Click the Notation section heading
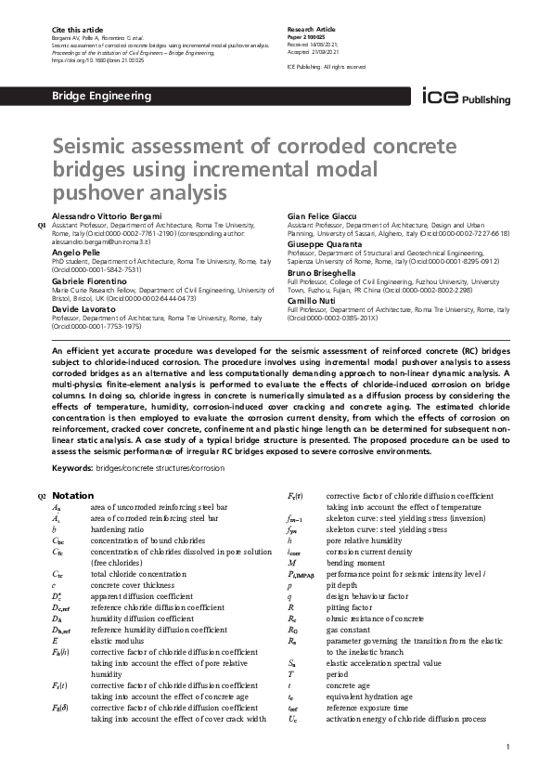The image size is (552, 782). (72, 495)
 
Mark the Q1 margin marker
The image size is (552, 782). (41, 226)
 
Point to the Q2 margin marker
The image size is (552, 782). (41, 496)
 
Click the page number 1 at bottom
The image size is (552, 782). (507, 746)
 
